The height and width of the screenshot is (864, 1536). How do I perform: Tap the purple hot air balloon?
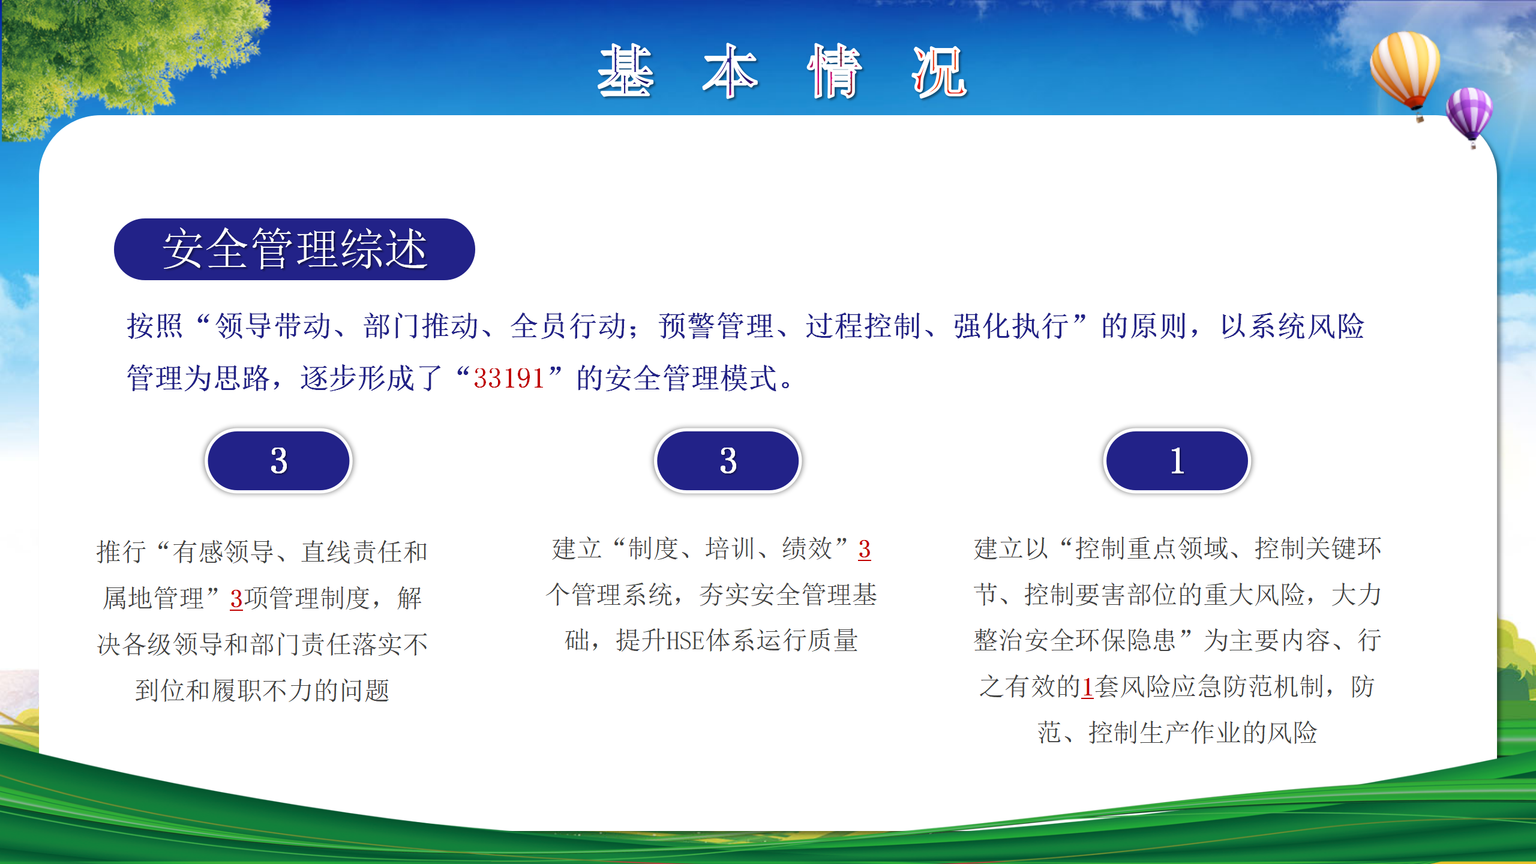[x=1469, y=116]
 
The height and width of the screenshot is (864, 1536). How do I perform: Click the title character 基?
[x=625, y=71]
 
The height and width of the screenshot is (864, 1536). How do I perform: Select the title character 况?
[x=939, y=71]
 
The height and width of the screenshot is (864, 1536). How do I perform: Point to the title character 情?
[x=835, y=71]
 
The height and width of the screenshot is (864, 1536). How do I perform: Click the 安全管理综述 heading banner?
[x=294, y=249]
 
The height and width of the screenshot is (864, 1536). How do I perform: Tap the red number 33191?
[x=509, y=379]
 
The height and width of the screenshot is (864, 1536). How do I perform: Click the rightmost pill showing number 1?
[x=1177, y=461]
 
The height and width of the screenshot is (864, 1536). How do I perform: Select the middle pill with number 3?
[x=728, y=461]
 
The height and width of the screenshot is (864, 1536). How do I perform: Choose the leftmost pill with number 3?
[x=279, y=461]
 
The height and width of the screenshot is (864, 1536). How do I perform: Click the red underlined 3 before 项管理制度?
[x=236, y=599]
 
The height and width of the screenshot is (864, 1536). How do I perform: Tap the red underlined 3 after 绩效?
[x=864, y=549]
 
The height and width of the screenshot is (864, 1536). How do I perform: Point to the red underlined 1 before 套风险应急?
[x=1087, y=687]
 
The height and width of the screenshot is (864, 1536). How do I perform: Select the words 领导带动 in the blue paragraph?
[x=273, y=326]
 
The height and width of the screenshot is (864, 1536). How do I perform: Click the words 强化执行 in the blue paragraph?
[x=1012, y=326]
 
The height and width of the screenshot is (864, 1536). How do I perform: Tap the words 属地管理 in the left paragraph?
[x=154, y=598]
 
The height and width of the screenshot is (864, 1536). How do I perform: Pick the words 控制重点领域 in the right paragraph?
[x=1151, y=548]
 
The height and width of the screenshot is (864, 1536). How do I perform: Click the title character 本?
[x=730, y=71]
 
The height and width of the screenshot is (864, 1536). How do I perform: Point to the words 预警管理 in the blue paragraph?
[x=716, y=326]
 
